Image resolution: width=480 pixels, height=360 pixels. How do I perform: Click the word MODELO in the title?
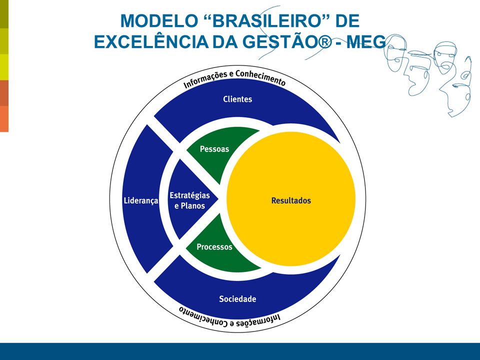[159, 21]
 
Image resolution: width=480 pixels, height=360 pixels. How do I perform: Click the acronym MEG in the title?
[366, 41]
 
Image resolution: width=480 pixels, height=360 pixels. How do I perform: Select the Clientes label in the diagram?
[237, 99]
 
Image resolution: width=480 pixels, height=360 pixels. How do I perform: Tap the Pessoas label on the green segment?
[214, 149]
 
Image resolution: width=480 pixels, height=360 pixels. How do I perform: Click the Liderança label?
[141, 201]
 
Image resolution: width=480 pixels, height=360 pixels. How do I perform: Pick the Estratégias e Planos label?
[190, 200]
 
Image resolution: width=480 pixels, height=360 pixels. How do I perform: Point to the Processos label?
[214, 246]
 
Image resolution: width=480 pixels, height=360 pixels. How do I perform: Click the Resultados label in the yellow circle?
[291, 201]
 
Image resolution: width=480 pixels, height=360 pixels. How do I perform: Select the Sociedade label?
[237, 299]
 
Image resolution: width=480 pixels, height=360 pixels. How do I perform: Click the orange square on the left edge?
[4, 119]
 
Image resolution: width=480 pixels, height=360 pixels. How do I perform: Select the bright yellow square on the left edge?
[4, 67]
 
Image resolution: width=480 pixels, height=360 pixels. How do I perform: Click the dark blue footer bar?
[240, 351]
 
